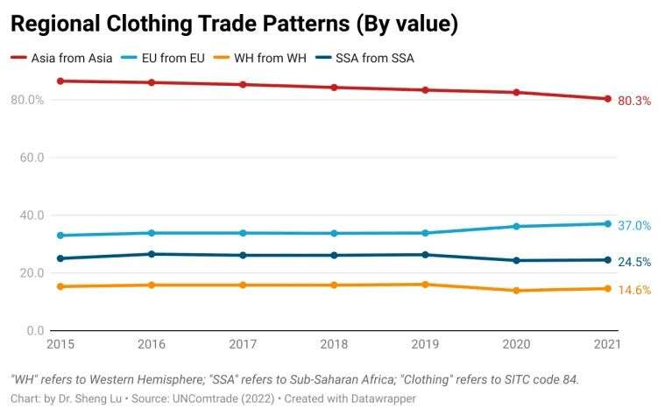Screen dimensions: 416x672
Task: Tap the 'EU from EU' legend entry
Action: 166,59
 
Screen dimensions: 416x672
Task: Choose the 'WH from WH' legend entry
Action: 263,59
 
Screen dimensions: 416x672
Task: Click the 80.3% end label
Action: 634,101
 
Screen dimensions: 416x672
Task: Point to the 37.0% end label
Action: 634,225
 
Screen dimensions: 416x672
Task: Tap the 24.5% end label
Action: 634,261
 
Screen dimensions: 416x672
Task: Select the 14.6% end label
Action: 634,290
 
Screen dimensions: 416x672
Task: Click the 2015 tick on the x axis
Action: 60,345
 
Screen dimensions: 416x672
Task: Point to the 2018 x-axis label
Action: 333,345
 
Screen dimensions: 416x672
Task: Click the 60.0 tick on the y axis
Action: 27,158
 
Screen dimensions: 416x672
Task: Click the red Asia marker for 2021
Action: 607,99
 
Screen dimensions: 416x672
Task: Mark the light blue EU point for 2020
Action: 516,227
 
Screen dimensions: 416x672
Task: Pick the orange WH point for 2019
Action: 425,285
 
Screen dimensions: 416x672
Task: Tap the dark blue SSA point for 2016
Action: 152,254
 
